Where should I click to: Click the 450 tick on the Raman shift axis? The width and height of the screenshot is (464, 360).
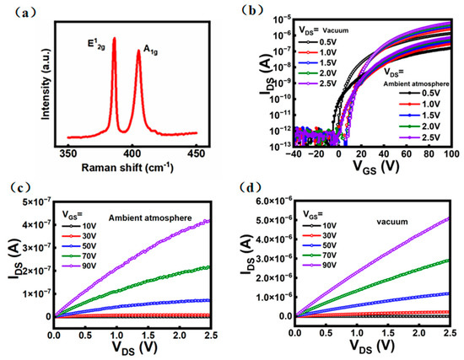coord(196,153)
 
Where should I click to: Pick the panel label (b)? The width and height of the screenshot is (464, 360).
coord(257,10)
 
